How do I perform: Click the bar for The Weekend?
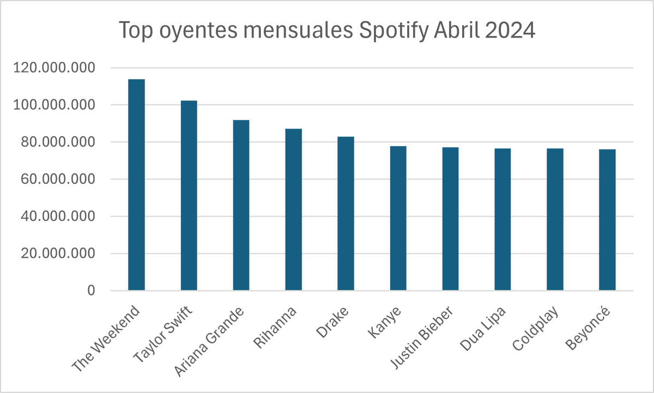coord(136,185)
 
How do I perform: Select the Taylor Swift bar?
coord(189,195)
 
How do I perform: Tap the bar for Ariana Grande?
coord(241,205)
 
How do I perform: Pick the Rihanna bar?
coord(293,209)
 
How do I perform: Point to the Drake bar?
coord(346,214)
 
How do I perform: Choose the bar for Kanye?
coord(398,218)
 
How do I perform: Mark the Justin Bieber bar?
coord(451,219)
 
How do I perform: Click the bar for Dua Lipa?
coord(502,219)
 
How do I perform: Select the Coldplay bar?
coord(555,219)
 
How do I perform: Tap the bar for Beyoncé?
coord(607,220)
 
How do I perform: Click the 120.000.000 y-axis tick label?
coord(54,68)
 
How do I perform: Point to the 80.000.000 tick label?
coord(58,142)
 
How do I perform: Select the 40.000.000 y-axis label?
coord(58,216)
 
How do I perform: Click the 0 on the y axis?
coord(91,291)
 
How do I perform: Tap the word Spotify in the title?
coord(394,31)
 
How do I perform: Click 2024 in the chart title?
coord(510,30)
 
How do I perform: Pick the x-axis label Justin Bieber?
coord(422,337)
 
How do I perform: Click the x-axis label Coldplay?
coord(536,329)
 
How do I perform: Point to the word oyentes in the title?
coord(198,31)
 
